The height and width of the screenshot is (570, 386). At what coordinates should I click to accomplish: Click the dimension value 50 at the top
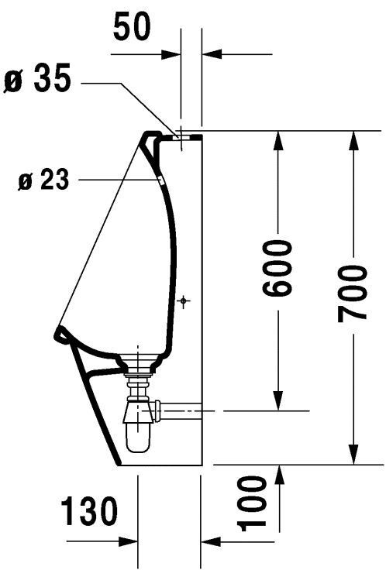point(132,26)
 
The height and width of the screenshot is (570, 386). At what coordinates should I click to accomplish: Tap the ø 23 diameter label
point(43,179)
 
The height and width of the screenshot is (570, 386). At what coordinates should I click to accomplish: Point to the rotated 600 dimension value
point(277,267)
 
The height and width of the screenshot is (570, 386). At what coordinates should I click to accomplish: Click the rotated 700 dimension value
point(351,294)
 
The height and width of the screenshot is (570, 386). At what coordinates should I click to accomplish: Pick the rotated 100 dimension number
point(252,503)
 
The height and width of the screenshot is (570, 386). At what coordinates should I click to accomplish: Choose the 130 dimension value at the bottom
point(89,511)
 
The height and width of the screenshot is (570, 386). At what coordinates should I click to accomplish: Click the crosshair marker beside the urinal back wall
point(184,300)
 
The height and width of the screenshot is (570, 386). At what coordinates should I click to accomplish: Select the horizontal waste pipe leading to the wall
point(181,410)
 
